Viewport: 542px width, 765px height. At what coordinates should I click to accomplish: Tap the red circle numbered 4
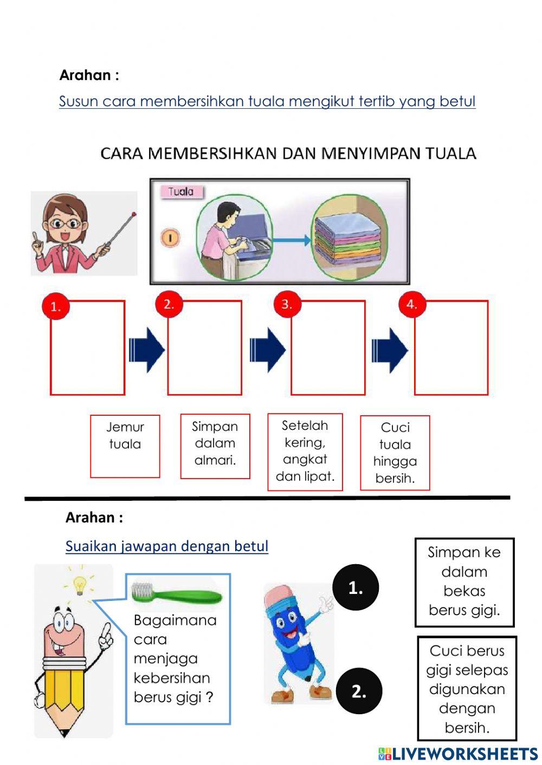pos(412,304)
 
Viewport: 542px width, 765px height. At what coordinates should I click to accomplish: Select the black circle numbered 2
pos(359,691)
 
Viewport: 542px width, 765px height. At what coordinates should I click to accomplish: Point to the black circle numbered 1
pos(356,587)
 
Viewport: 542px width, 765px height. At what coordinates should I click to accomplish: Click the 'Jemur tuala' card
pos(125,446)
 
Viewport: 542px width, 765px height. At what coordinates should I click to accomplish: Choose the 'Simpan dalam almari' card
pos(215,447)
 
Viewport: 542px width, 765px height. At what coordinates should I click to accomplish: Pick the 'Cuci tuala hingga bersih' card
pos(395,453)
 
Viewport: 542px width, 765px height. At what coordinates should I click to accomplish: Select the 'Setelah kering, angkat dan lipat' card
pos(305,452)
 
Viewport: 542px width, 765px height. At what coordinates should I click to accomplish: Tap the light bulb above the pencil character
pos(80,585)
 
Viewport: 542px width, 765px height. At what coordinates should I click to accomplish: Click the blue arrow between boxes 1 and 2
pos(146,350)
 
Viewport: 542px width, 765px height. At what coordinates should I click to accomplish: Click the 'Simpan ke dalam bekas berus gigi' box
pos(464,581)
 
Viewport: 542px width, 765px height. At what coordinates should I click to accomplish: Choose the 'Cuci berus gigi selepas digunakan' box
pos(467,688)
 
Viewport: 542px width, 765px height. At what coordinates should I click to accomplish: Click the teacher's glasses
pos(64,223)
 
